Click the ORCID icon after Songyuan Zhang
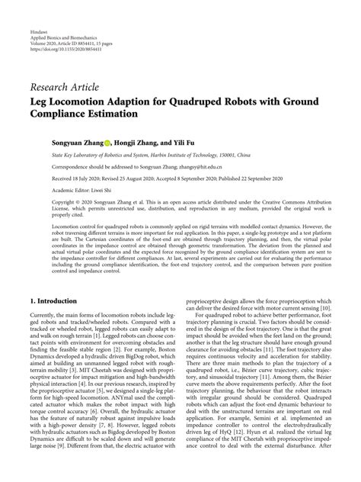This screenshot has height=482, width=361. click(109, 142)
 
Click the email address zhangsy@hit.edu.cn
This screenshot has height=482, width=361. click(200, 165)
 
